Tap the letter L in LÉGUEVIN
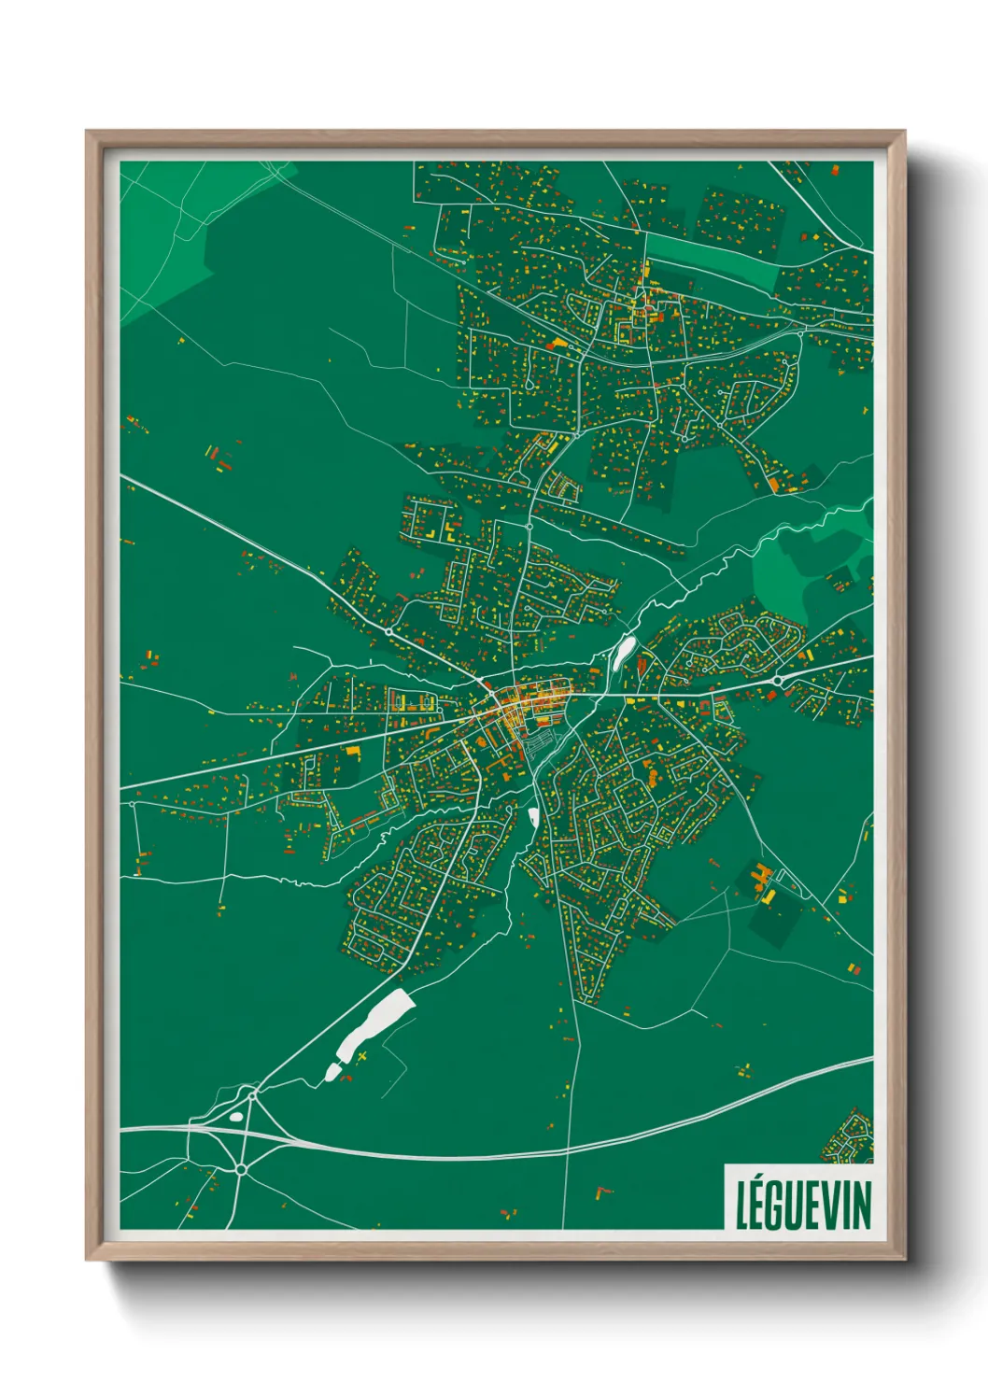(742, 1206)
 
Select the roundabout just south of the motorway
(241, 1168)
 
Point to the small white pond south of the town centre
(533, 818)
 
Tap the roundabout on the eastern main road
(777, 682)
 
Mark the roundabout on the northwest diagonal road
(388, 632)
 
